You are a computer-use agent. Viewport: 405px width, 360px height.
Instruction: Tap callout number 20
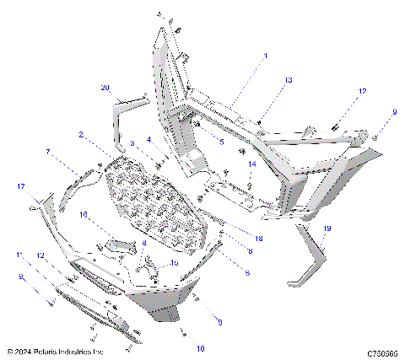[x=105, y=88]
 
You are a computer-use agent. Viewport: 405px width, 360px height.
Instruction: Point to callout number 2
[x=80, y=135]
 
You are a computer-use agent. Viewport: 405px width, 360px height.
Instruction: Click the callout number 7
[x=48, y=152]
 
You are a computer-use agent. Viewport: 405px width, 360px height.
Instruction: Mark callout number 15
[x=175, y=263]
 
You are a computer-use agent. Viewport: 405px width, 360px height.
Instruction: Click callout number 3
[x=132, y=144]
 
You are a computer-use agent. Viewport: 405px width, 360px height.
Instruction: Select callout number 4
[x=149, y=139]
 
